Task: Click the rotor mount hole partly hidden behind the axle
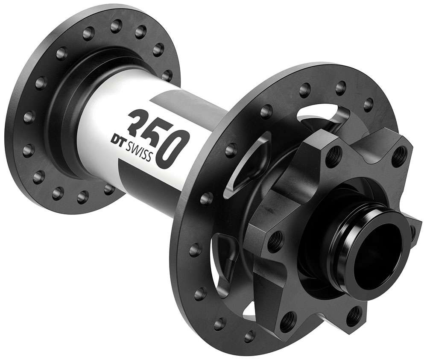tap(413, 231)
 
